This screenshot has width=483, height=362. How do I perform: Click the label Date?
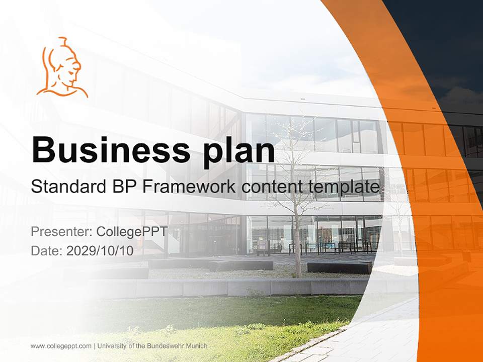pos(47,251)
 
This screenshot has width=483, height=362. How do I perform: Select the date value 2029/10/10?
pos(100,251)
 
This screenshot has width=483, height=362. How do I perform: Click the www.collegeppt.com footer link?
pos(61,346)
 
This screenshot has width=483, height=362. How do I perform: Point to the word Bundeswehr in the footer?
pos(165,346)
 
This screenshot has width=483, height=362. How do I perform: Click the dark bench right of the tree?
pos(340,267)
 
